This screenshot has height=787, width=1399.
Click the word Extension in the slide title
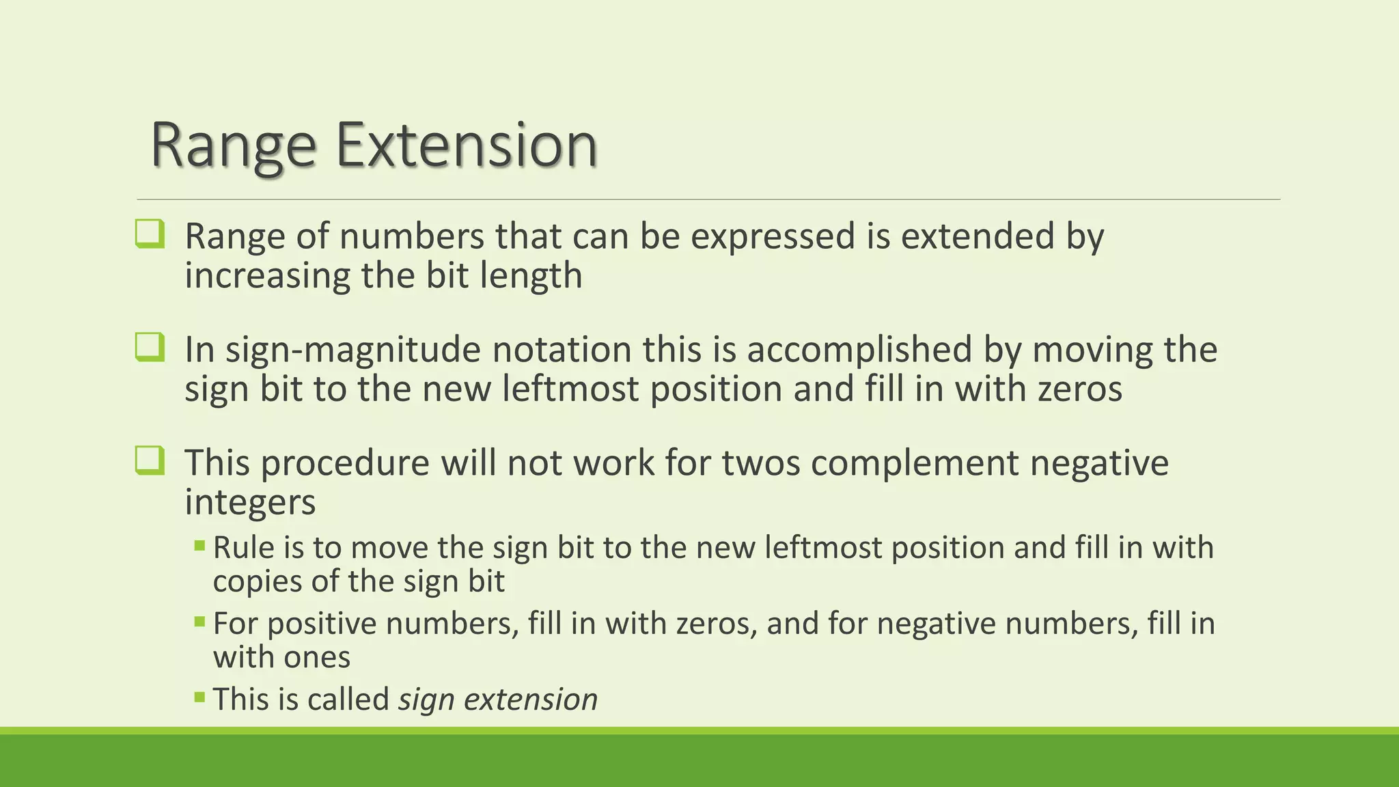(467, 145)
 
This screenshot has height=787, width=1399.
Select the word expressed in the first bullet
(773, 236)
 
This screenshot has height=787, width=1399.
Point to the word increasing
(267, 276)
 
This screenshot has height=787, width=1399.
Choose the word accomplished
(859, 350)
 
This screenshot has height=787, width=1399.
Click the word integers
(250, 503)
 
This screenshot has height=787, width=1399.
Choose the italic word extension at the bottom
(531, 700)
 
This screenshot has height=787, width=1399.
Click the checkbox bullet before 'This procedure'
(150, 460)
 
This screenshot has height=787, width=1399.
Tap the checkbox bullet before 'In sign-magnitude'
(150, 347)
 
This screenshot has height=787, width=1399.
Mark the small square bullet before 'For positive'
(199, 622)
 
